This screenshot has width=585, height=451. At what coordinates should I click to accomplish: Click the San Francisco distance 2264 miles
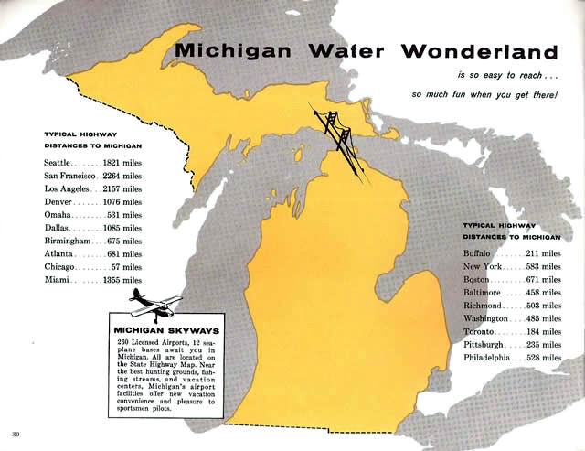coord(121,176)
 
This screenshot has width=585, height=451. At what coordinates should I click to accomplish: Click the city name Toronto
coord(479,330)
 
